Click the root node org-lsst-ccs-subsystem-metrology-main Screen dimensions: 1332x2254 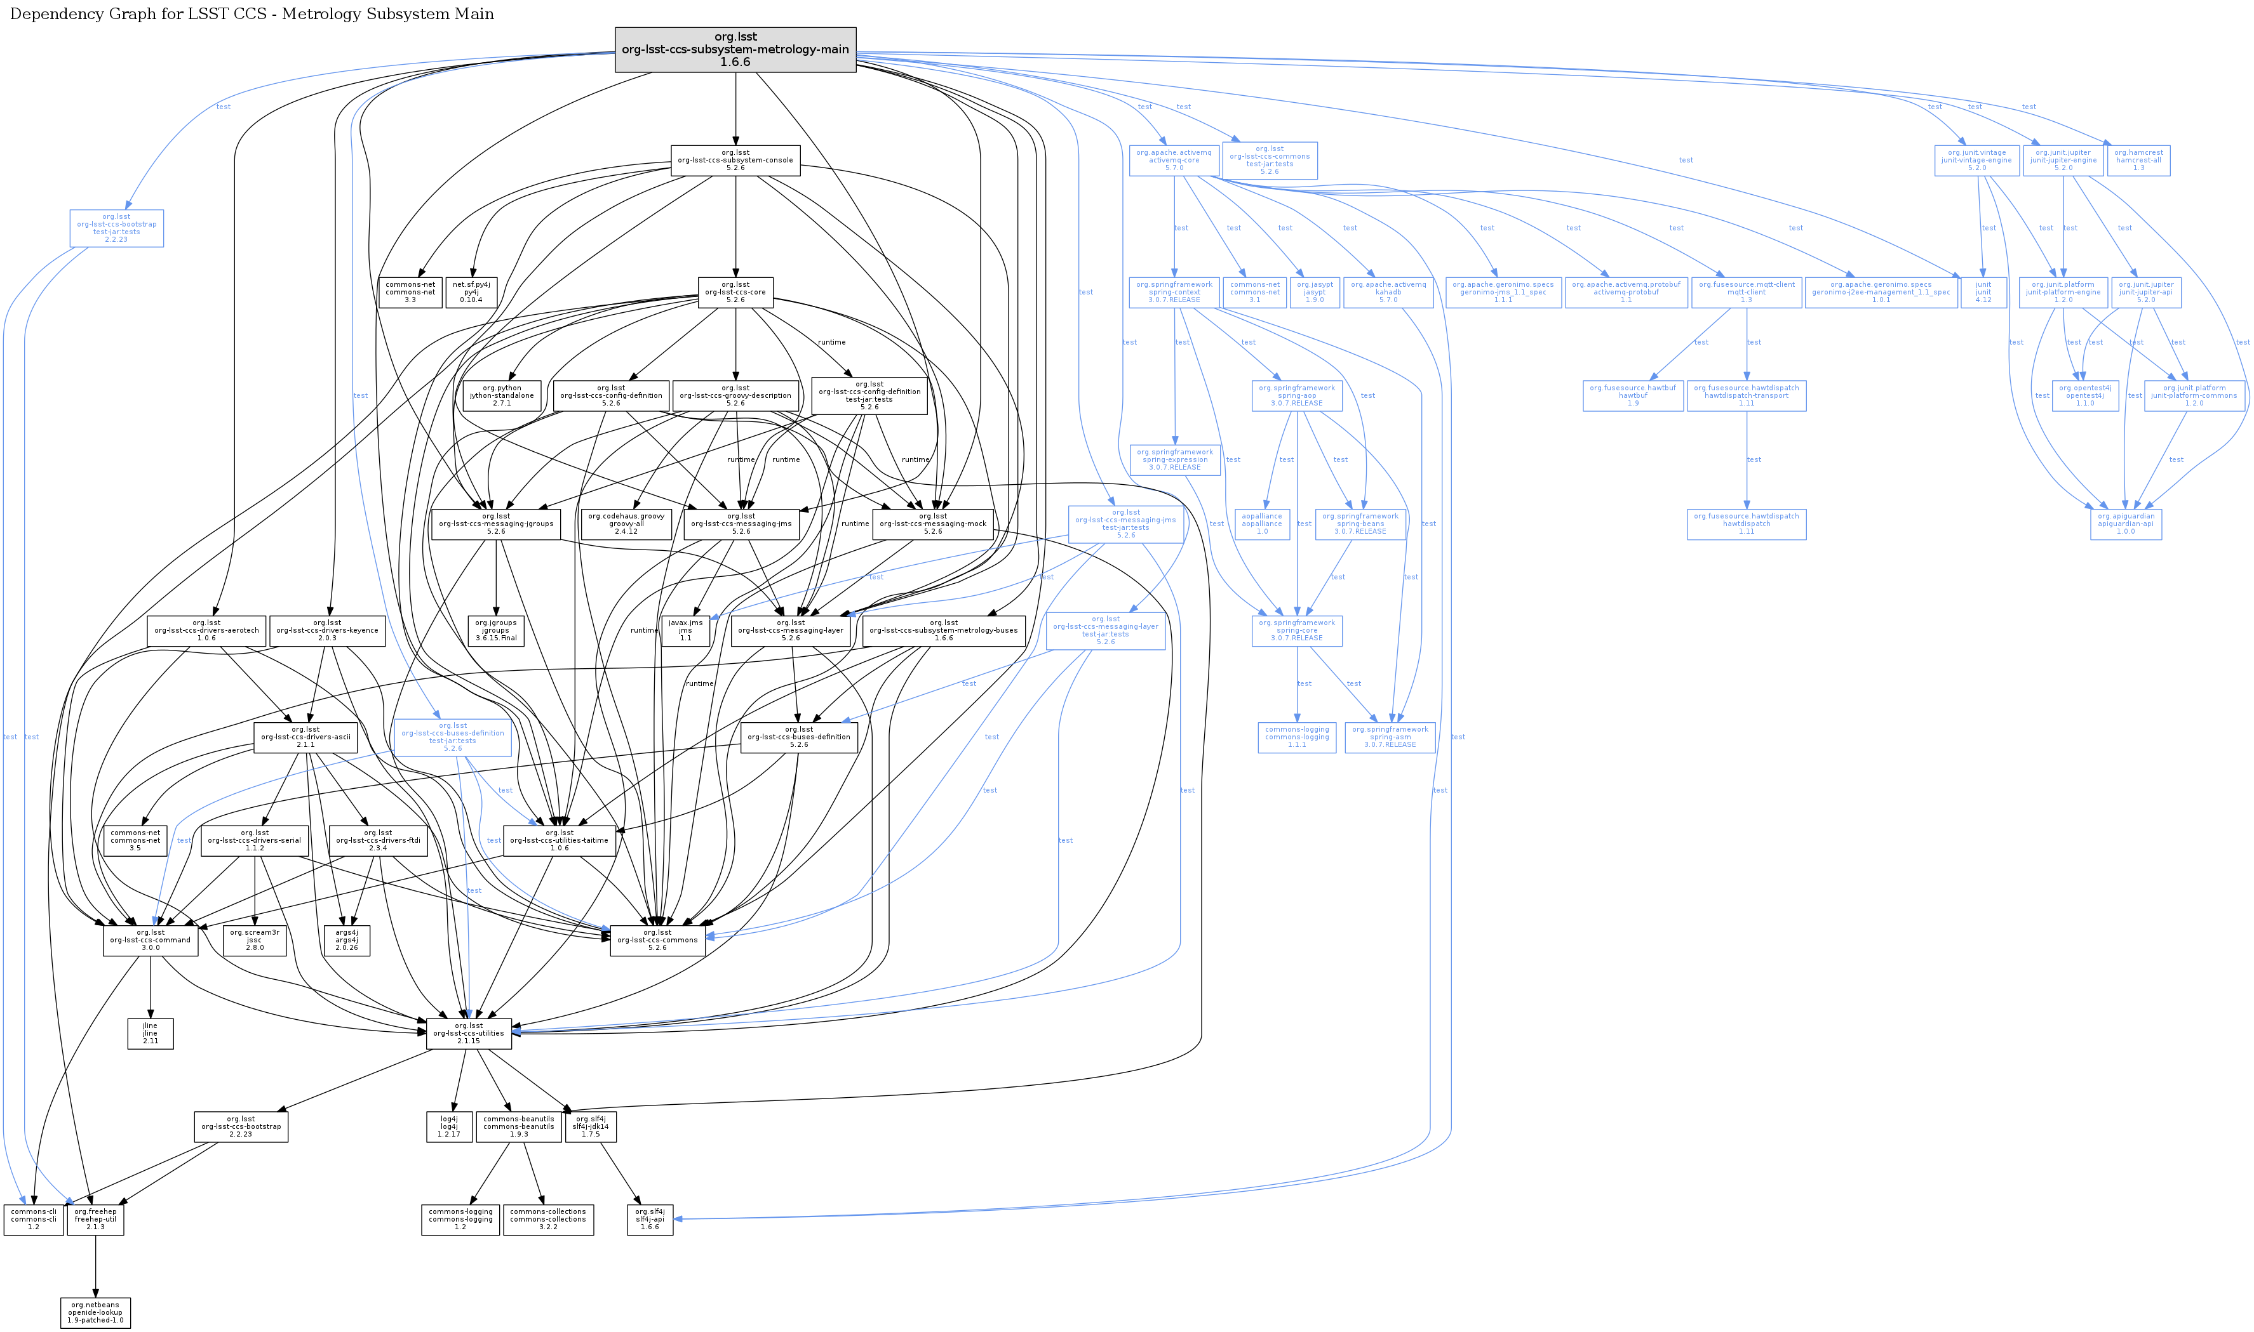(735, 49)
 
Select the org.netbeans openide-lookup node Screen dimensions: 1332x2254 (95, 1312)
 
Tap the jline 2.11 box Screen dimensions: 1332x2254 (150, 1033)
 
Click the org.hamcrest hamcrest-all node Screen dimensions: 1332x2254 (2138, 160)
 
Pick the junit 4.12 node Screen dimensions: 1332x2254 (1983, 292)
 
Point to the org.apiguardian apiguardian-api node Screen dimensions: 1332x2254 (2126, 524)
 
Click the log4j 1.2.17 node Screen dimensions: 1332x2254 (449, 1126)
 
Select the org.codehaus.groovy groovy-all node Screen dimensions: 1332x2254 (626, 524)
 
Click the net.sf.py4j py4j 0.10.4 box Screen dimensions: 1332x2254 (471, 292)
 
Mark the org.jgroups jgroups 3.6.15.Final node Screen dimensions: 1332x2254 (495, 630)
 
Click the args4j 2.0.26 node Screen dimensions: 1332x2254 (347, 940)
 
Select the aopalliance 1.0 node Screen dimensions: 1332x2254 (1262, 524)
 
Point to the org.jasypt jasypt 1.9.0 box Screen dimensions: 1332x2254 (1315, 292)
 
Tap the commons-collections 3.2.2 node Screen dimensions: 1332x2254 (548, 1220)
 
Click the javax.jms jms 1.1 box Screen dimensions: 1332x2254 (685, 630)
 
